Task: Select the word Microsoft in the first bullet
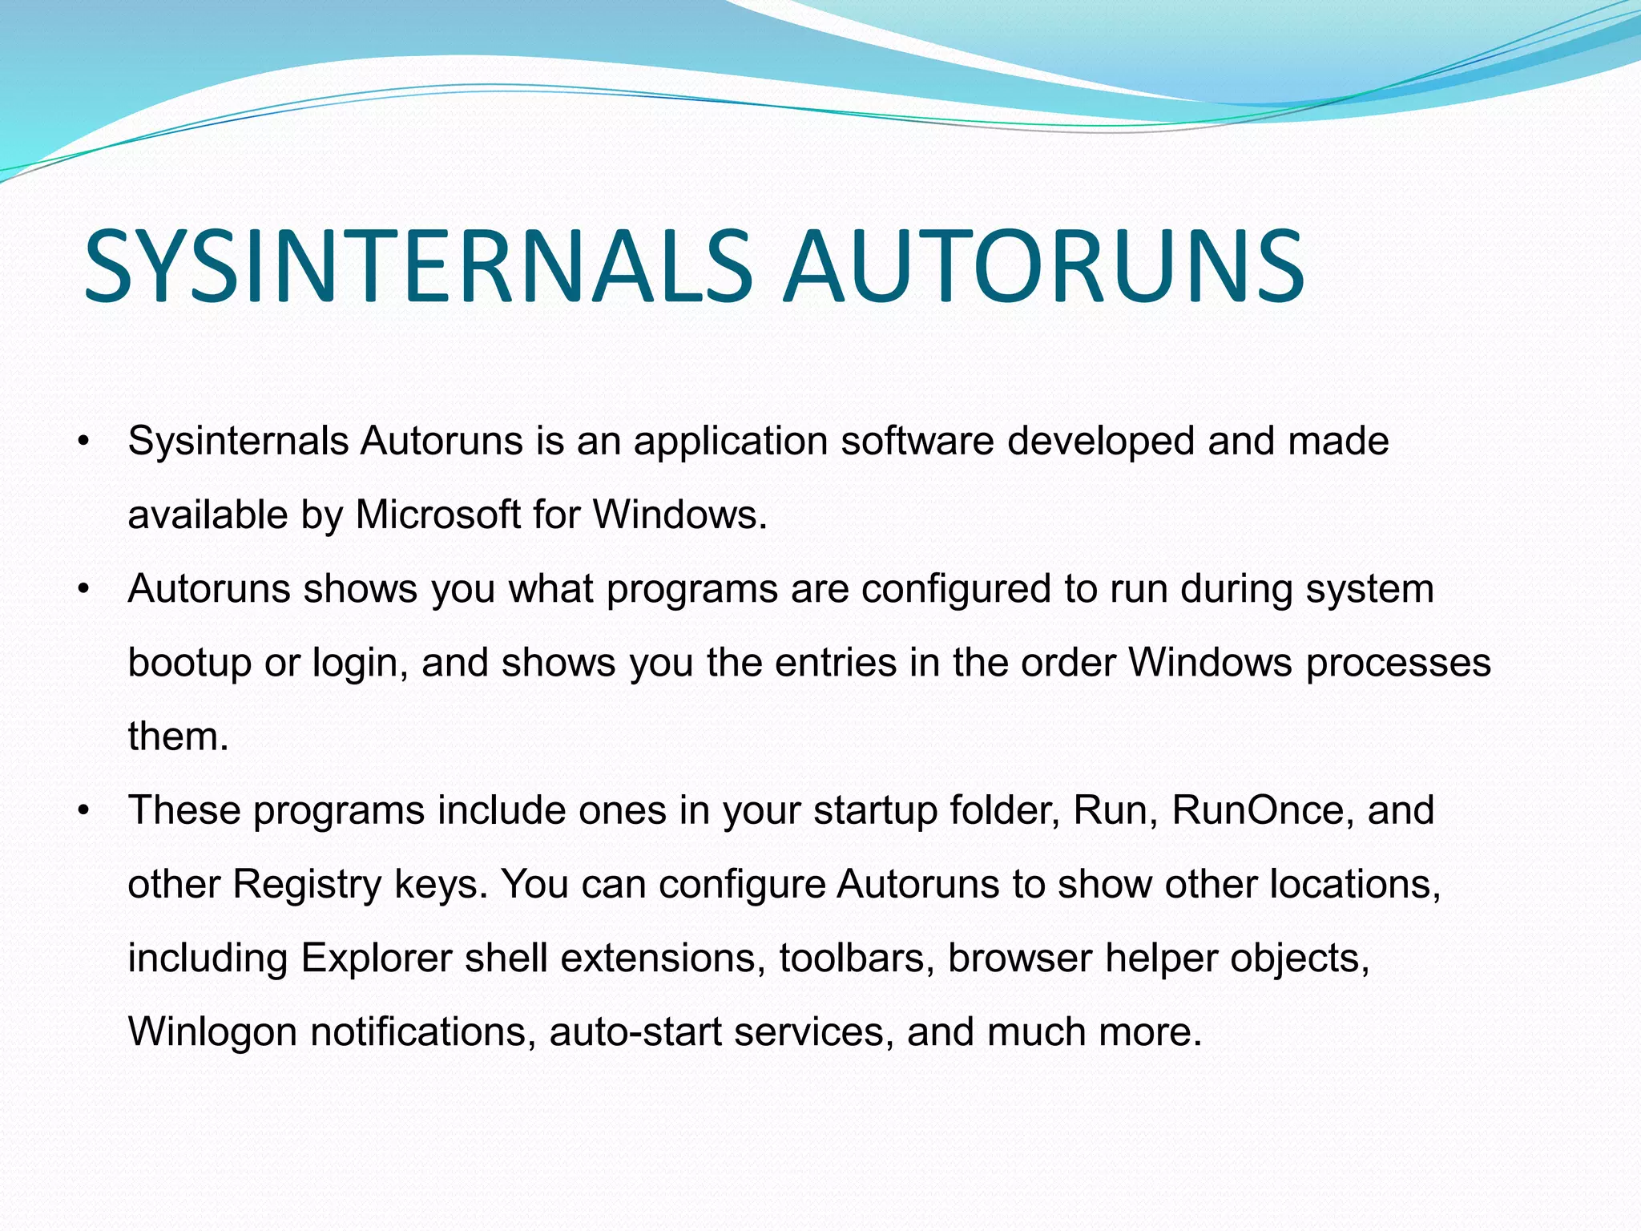(438, 515)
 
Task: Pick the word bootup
(189, 664)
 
